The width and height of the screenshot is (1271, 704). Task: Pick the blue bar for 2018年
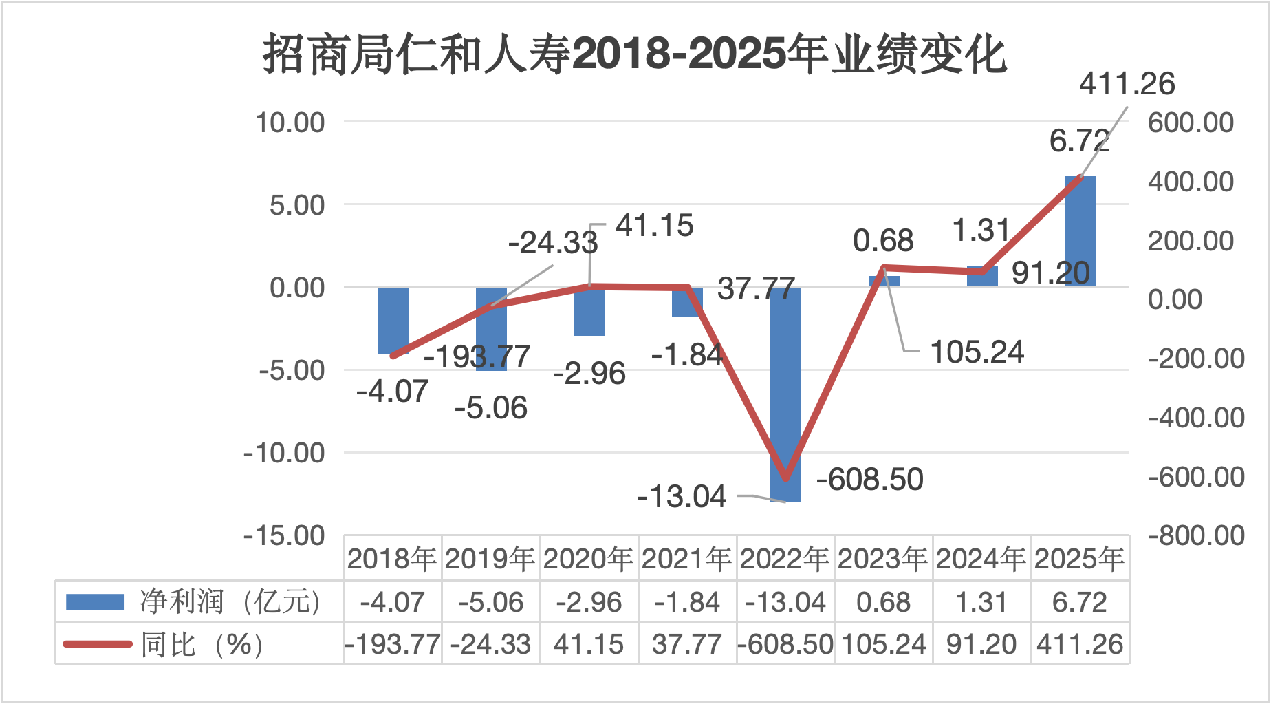click(x=393, y=321)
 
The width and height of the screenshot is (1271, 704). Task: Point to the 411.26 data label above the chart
click(x=1127, y=84)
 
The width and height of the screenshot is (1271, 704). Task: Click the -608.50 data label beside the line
click(x=869, y=479)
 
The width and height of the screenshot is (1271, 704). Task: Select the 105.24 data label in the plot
click(x=977, y=352)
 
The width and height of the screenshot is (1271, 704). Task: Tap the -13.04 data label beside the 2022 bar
click(x=682, y=496)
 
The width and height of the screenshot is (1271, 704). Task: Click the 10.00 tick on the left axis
click(x=290, y=122)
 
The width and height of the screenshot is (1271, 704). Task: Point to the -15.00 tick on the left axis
click(x=284, y=535)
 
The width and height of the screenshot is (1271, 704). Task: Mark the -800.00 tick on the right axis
click(x=1196, y=535)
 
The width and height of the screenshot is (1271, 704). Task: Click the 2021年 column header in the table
click(x=687, y=559)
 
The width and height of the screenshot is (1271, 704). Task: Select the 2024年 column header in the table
click(x=981, y=559)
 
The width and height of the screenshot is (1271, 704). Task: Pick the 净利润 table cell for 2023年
click(x=883, y=602)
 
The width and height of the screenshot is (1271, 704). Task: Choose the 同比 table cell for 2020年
click(x=589, y=645)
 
